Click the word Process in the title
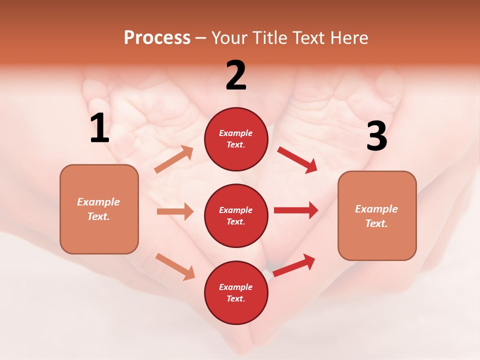[x=157, y=37]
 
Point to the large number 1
[x=99, y=128]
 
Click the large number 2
[x=236, y=75]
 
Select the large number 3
[x=376, y=136]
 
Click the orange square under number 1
[x=99, y=209]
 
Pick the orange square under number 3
[x=377, y=215]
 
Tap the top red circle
[x=236, y=139]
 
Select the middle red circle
[x=236, y=215]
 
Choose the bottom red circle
[x=236, y=292]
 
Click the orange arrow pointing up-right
[x=174, y=159]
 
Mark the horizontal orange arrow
[x=175, y=211]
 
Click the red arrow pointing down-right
[x=297, y=160]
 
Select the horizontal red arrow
[x=296, y=210]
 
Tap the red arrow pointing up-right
[x=294, y=265]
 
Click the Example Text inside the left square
[x=98, y=209]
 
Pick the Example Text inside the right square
[x=376, y=216]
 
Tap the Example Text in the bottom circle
[x=236, y=293]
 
